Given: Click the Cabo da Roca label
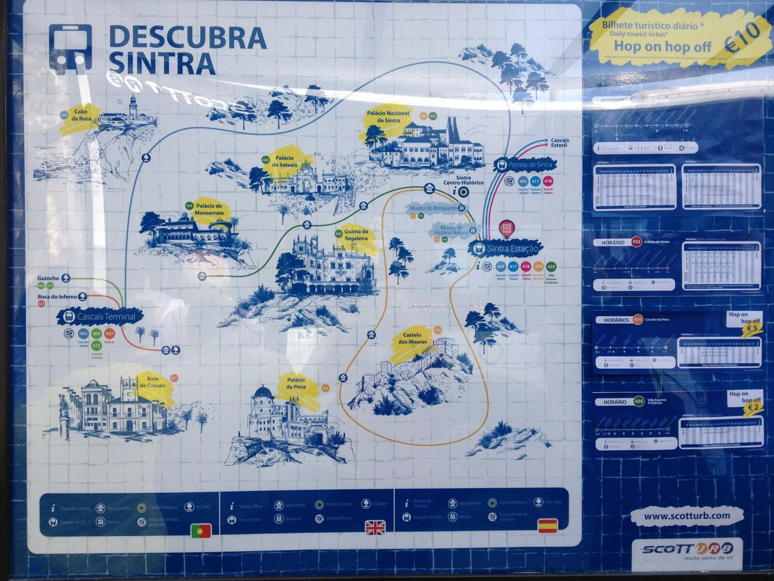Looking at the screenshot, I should click(81, 115).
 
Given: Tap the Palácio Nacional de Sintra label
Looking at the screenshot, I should click(388, 117).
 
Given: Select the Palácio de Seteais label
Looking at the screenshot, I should click(284, 161).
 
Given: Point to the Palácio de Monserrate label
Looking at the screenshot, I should click(209, 210).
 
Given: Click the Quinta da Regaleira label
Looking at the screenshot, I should click(356, 235).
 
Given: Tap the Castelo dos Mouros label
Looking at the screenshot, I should click(412, 338).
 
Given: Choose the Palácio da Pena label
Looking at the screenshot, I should click(296, 383).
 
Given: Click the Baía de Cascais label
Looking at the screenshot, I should click(152, 382).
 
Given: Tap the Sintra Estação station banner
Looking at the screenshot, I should click(506, 249).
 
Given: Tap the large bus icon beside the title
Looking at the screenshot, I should click(70, 48).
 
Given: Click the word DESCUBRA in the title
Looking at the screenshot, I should click(188, 37).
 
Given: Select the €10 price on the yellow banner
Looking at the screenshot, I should click(743, 36).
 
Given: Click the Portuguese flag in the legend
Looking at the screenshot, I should click(201, 531).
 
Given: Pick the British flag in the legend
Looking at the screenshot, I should click(374, 527).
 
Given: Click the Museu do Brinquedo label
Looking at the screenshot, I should click(433, 208).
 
